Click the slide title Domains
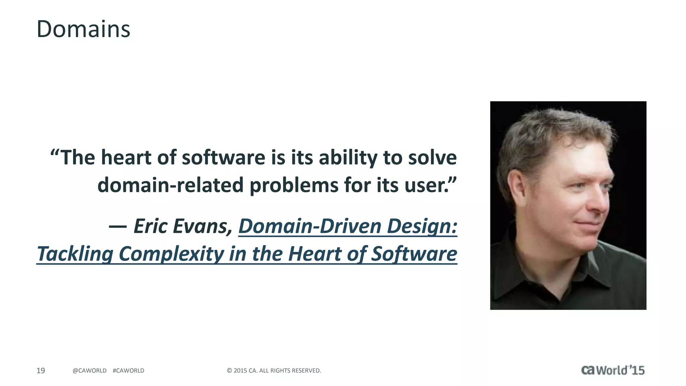[83, 29]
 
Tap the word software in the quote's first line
[223, 157]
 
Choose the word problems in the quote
[294, 185]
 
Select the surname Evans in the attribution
[203, 226]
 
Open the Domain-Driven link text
[310, 226]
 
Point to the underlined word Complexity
[171, 254]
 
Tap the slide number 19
[41, 371]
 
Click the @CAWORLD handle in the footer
[89, 371]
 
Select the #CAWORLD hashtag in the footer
[129, 371]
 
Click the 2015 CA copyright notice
[274, 371]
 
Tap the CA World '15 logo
[613, 370]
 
